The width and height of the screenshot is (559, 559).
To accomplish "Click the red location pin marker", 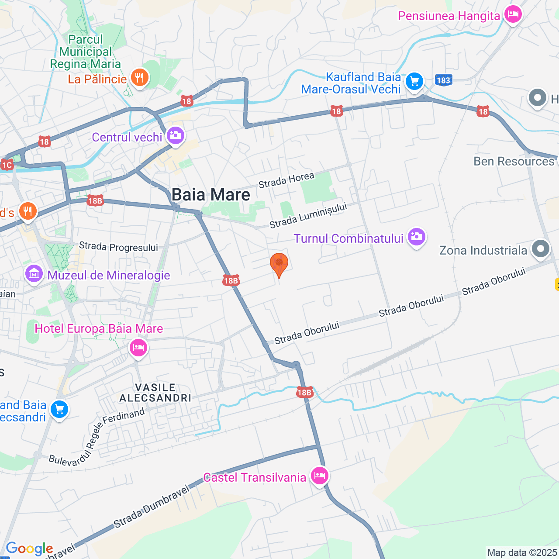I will point(279,264).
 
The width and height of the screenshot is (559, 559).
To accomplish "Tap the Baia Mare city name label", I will point(211,195).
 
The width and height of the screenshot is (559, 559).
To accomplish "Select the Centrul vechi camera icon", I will point(176,136).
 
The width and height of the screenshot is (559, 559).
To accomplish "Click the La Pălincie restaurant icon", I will point(140,78).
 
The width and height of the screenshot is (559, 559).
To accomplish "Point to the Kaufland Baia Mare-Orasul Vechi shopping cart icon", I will point(414,82).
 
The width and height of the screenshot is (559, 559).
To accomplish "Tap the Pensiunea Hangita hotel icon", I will point(513,15).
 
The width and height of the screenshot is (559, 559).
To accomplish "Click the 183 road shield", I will point(443,80).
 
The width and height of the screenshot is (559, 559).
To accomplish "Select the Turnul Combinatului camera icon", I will point(417,237).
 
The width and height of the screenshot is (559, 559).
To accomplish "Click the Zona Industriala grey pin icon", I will point(541,249).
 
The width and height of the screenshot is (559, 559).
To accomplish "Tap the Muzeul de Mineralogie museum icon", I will point(34,274).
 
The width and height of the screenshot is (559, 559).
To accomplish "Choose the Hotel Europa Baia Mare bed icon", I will point(138,348).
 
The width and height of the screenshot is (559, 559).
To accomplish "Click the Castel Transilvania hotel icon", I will point(320,476).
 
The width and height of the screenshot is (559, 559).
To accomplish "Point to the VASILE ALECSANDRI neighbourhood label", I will point(155,393).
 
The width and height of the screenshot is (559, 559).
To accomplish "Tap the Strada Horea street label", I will point(286,180).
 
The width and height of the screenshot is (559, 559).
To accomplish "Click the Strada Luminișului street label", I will point(308,216).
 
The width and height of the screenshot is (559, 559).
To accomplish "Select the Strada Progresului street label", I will point(118,247).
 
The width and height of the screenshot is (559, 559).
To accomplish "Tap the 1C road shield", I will point(7,165).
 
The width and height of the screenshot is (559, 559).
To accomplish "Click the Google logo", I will point(29,549).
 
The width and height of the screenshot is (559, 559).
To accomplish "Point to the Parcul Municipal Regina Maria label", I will point(86,52).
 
